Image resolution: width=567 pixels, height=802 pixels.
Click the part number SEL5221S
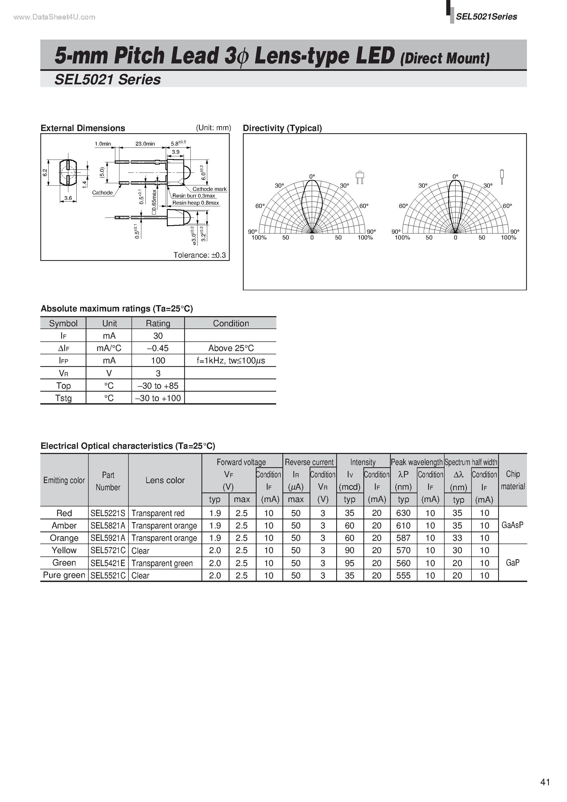click(108, 513)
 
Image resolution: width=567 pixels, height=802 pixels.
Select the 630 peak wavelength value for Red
click(403, 513)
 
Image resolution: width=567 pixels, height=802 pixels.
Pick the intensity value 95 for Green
click(349, 563)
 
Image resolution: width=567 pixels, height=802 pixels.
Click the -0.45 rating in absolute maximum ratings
click(158, 348)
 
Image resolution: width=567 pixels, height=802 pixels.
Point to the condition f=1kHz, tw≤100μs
click(231, 360)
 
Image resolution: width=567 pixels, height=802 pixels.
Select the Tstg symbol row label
click(63, 398)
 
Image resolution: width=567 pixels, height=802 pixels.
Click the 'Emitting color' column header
click(64, 480)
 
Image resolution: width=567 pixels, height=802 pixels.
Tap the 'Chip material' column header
click(513, 480)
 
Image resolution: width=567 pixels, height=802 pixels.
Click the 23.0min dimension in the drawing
click(145, 144)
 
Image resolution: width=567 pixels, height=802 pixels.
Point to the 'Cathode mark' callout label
click(209, 189)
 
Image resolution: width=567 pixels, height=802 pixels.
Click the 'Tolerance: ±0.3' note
click(199, 255)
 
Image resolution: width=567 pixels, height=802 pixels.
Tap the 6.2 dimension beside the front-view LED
click(45, 172)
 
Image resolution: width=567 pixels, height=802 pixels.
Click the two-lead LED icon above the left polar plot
click(360, 177)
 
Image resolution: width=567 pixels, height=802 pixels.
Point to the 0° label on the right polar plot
click(455, 176)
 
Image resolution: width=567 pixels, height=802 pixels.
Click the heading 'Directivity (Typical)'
click(282, 128)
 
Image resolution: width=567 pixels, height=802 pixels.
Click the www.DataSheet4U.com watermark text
click(54, 17)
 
